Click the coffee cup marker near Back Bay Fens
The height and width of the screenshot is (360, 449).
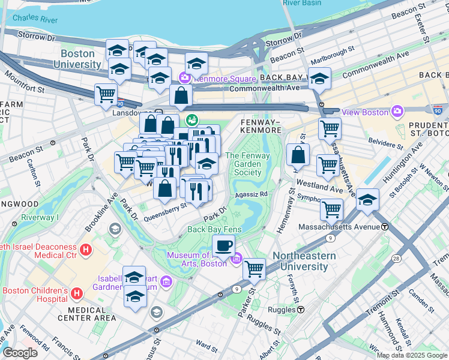pyautogui.click(x=224, y=245)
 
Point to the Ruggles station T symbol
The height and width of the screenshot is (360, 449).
pyautogui.click(x=301, y=310)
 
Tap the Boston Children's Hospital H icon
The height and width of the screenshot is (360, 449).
pyautogui.click(x=77, y=294)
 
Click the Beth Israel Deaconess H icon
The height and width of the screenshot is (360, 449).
pyautogui.click(x=86, y=249)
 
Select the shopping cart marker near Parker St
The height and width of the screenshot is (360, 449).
pyautogui.click(x=255, y=268)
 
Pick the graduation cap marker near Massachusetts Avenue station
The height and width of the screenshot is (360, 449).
pyautogui.click(x=367, y=200)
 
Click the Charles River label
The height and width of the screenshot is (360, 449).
pyautogui.click(x=35, y=19)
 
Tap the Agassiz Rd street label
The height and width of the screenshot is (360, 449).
pyautogui.click(x=251, y=194)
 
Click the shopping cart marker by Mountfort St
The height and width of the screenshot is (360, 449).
pyautogui.click(x=106, y=94)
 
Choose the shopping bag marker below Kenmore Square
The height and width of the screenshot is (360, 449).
pyautogui.click(x=181, y=95)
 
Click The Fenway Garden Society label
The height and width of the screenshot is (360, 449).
pyautogui.click(x=247, y=164)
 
